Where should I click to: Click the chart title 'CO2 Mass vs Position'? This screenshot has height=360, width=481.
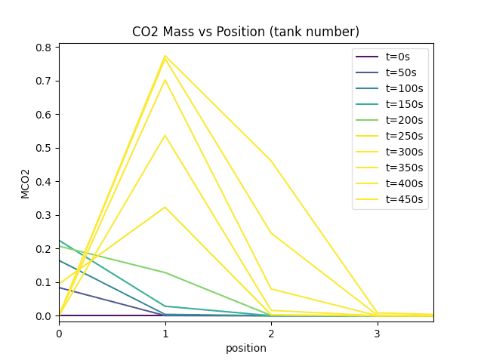click(x=245, y=32)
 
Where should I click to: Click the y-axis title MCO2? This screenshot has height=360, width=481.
click(x=25, y=183)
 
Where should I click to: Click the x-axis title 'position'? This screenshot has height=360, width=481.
click(x=245, y=348)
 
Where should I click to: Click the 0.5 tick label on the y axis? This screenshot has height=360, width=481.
click(x=45, y=148)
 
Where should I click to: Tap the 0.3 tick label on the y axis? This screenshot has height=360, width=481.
click(x=45, y=215)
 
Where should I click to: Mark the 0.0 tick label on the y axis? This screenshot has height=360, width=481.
click(x=45, y=315)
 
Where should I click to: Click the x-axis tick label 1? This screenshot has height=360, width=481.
click(x=165, y=333)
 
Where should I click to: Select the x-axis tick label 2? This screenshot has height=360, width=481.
click(x=270, y=333)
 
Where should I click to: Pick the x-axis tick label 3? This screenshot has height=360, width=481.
click(x=376, y=333)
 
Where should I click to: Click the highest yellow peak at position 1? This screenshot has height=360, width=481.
click(x=165, y=56)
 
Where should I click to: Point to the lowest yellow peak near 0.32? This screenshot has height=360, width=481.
click(x=165, y=207)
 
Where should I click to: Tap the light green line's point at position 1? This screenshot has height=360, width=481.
click(x=165, y=272)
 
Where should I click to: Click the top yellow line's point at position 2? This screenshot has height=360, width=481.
click(x=270, y=161)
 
